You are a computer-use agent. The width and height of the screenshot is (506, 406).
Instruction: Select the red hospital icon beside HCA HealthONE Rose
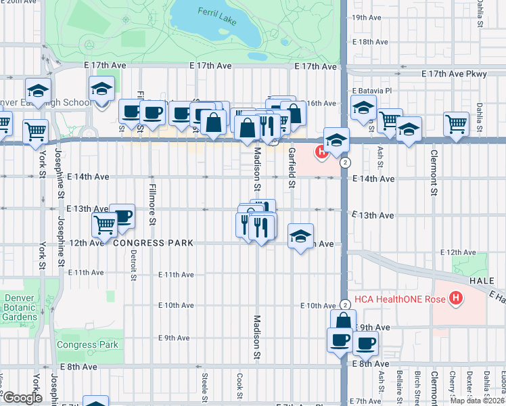(x=457, y=297)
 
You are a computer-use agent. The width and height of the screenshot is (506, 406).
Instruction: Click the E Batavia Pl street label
(x=371, y=90)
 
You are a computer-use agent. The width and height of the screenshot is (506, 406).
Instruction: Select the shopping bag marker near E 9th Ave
(x=343, y=321)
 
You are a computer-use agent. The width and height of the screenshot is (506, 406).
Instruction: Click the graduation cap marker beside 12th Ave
(x=300, y=236)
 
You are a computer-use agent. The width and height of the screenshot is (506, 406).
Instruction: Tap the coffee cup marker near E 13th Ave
(x=122, y=216)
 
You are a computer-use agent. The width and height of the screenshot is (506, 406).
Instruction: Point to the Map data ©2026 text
(x=477, y=401)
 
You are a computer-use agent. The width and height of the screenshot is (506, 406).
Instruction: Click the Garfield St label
(x=292, y=167)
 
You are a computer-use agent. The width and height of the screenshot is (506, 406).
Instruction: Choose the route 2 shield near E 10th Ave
(x=345, y=307)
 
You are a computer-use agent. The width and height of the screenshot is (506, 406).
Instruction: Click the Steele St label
(x=204, y=384)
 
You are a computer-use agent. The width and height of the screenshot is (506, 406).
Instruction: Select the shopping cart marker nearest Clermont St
(x=457, y=124)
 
